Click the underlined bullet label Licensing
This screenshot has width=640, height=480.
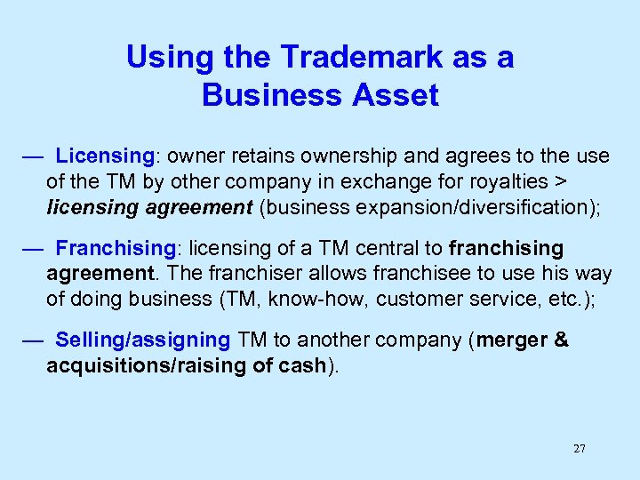(x=105, y=156)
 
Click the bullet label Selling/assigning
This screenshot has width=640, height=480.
(x=142, y=340)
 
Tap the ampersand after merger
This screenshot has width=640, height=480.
(x=561, y=340)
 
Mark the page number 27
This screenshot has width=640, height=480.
(x=580, y=449)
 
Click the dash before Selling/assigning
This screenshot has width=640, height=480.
(x=33, y=340)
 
